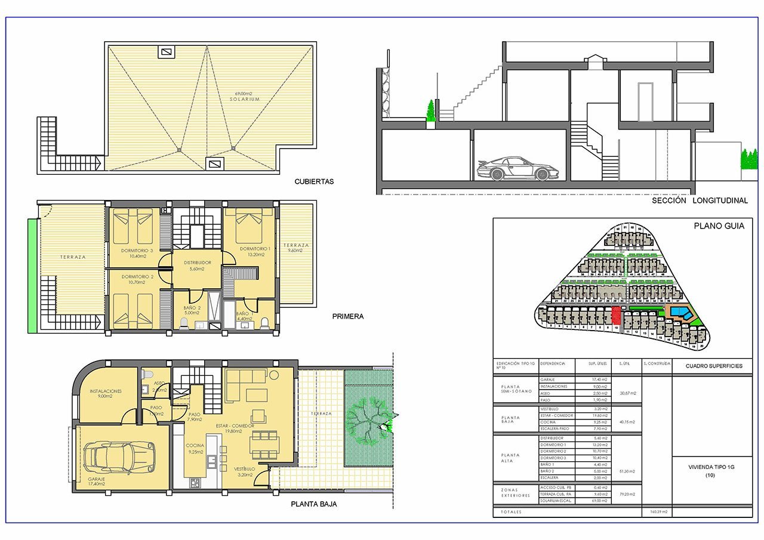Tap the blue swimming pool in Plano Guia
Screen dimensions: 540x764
click(679, 312)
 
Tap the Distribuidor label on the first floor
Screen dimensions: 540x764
click(198, 263)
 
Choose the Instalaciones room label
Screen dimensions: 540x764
click(106, 391)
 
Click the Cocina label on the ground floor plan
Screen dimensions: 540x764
click(195, 446)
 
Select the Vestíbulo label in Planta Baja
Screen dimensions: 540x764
click(245, 469)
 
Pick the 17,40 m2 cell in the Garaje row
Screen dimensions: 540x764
click(593, 379)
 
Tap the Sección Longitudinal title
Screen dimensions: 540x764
click(700, 201)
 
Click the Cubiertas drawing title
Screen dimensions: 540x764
click(314, 181)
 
